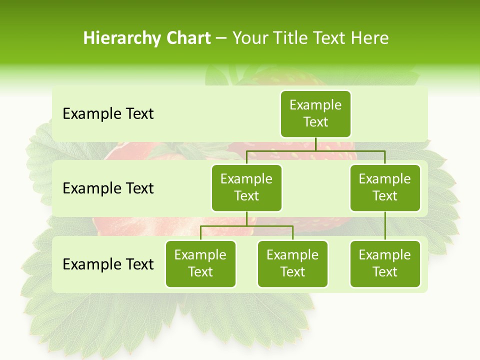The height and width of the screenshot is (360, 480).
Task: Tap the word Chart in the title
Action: pos(188,38)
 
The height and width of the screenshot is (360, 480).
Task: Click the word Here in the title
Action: pos(369,38)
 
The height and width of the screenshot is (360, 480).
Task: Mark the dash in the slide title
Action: pos(221,39)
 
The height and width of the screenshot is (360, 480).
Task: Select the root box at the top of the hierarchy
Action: pos(315,113)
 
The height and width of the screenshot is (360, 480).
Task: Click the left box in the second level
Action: pos(246,187)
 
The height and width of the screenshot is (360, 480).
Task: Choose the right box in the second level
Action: pos(385,187)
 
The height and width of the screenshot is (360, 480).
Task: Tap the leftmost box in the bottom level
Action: pos(200,263)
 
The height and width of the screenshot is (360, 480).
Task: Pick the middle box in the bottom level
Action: pos(292,263)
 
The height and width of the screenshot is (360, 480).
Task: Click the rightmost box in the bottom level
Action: pos(385,263)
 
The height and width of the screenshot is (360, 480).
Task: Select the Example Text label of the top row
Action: pos(108,113)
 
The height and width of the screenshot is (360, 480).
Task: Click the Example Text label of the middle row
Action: pos(108,188)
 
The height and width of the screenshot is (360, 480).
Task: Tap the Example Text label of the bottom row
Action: pos(108,264)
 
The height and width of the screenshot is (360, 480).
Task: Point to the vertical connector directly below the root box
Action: pos(315,144)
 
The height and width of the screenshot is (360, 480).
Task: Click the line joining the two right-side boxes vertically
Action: pos(385,226)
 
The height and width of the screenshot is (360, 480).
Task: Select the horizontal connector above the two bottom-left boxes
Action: pos(246,226)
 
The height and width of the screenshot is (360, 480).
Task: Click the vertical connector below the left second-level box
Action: pos(246,219)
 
